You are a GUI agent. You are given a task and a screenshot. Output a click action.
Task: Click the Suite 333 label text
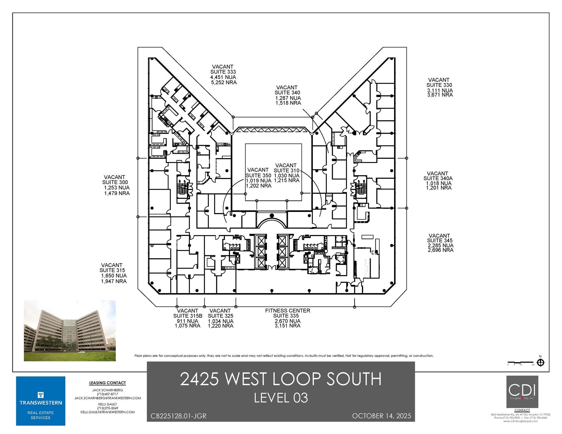click(x=223, y=72)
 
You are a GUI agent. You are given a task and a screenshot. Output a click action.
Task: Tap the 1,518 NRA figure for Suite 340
click(x=288, y=103)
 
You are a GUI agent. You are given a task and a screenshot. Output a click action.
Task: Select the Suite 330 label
click(x=439, y=85)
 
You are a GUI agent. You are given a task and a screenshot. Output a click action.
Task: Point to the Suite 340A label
click(x=438, y=178)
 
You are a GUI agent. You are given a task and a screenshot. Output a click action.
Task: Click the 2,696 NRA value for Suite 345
click(x=440, y=250)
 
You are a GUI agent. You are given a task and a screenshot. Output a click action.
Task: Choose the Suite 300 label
click(x=115, y=182)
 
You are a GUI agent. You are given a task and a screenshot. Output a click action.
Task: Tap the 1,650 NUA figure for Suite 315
click(x=114, y=276)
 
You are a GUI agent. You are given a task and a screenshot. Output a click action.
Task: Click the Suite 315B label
click(x=187, y=316)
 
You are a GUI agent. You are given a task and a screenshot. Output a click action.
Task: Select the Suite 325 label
click(x=220, y=316)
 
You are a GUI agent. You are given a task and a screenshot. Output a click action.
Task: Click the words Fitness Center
click(x=287, y=311)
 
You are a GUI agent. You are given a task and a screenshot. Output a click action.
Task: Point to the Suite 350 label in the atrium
click(x=258, y=175)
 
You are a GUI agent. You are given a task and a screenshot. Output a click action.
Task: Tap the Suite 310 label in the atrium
click(x=286, y=171)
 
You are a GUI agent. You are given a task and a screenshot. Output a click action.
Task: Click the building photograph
click(x=70, y=330)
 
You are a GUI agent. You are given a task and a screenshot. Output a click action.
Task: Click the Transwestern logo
click(x=41, y=401)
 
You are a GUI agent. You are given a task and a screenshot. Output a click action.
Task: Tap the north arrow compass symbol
click(x=540, y=363)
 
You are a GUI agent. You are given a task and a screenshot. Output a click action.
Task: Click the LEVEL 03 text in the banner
click(x=281, y=398)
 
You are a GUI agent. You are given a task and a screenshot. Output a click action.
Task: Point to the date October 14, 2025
click(x=381, y=416)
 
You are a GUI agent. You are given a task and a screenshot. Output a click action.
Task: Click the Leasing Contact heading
click(x=107, y=383)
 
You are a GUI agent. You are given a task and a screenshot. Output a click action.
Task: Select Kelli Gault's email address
click(x=108, y=412)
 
